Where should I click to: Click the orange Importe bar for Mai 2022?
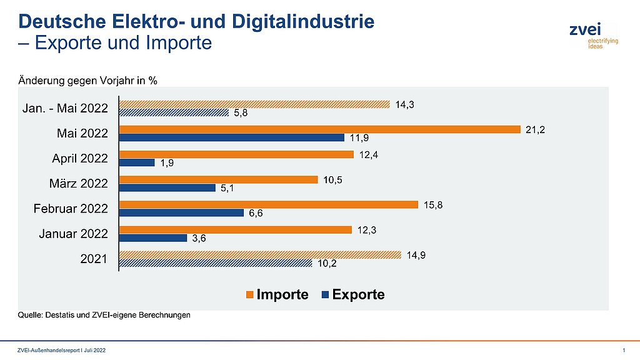coord(319,129)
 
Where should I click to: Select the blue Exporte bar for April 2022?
coord(137,162)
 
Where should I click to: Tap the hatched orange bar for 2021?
coord(260,254)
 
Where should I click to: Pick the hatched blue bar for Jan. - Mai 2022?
coord(174,112)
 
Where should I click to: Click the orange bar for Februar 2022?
coord(268,204)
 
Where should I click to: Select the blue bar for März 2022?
coord(167,187)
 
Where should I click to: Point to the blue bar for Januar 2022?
coord(153,237)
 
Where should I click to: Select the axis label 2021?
coord(94,259)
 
